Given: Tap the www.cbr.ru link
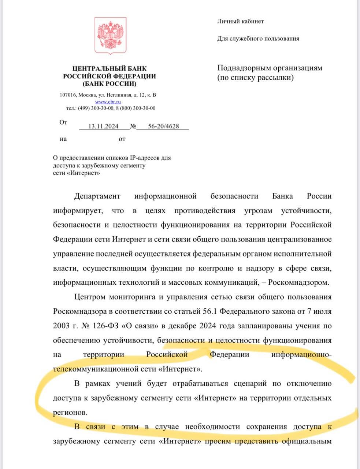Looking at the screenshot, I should click(x=108, y=102).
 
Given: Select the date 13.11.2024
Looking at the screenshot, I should click(x=103, y=126).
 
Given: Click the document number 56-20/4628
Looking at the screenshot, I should click(x=163, y=126).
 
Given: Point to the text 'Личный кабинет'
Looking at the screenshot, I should click(x=240, y=21).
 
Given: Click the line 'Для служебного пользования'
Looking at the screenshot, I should click(x=258, y=38).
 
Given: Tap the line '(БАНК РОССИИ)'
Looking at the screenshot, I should click(x=110, y=84).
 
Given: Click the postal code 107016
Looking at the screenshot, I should click(x=67, y=95).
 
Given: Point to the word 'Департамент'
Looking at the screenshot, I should click(x=97, y=196).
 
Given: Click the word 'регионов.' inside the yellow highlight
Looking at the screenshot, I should click(x=70, y=413).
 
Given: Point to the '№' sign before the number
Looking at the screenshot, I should click(x=133, y=126).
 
